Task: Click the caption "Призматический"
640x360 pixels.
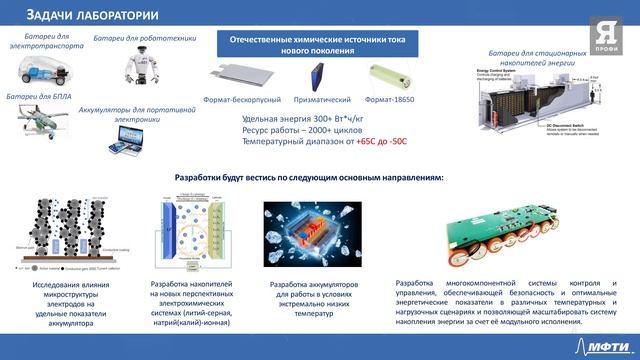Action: click(x=322, y=101)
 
